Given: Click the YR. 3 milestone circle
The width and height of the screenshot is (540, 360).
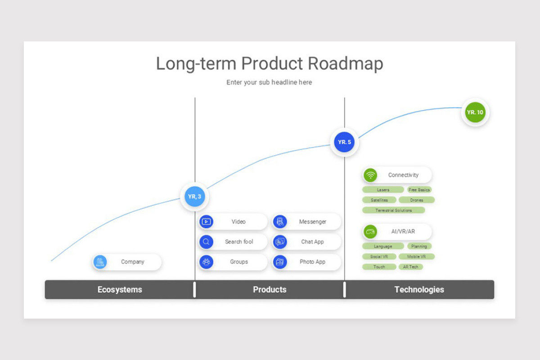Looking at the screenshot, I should click(x=194, y=197).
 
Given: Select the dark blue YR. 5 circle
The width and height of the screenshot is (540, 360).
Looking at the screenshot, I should click(x=344, y=142).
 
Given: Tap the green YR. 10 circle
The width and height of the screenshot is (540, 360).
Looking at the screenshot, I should click(x=475, y=112).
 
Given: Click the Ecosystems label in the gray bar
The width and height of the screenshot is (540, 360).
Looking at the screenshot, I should click(x=120, y=290).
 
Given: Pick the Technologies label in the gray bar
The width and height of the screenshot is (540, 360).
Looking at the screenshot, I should click(x=419, y=290).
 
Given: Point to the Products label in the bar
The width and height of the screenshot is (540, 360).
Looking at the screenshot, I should click(x=270, y=290).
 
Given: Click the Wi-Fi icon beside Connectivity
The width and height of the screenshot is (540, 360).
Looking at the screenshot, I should click(x=370, y=175).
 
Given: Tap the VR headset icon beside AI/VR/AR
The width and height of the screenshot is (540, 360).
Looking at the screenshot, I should click(x=370, y=232).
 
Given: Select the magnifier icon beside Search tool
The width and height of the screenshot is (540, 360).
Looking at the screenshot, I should click(x=206, y=242).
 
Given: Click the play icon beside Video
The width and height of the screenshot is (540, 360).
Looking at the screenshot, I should click(x=206, y=221).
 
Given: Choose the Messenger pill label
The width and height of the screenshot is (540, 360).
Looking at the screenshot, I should click(x=312, y=222).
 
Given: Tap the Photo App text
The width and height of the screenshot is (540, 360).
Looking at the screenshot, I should click(x=312, y=262).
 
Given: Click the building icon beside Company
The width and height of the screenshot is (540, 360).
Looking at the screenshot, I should click(x=100, y=262).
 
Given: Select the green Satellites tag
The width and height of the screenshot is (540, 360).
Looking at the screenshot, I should click(x=379, y=200).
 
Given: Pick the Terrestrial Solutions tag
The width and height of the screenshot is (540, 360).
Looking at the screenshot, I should click(x=393, y=210).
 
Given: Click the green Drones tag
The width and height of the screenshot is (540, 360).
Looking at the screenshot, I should click(x=416, y=200).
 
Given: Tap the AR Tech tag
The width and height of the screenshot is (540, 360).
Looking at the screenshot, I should click(x=410, y=267).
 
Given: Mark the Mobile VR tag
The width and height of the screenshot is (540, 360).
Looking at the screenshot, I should click(x=416, y=256).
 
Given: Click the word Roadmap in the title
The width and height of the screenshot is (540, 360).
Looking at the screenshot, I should click(x=345, y=63).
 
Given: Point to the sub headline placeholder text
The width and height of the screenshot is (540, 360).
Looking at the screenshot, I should click(x=269, y=82).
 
